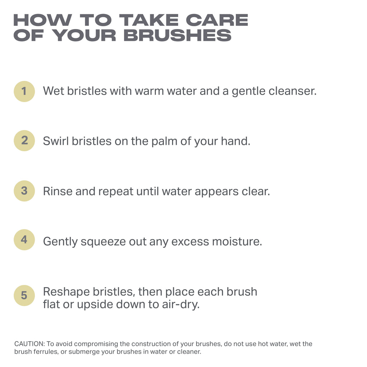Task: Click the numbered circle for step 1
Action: [24, 91]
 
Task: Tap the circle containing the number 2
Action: [24, 140]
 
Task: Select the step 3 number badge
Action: [24, 191]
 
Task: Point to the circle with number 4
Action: [24, 240]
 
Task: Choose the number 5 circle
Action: [24, 296]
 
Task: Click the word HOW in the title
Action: [41, 20]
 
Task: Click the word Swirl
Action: [56, 141]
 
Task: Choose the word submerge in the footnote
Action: [86, 352]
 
